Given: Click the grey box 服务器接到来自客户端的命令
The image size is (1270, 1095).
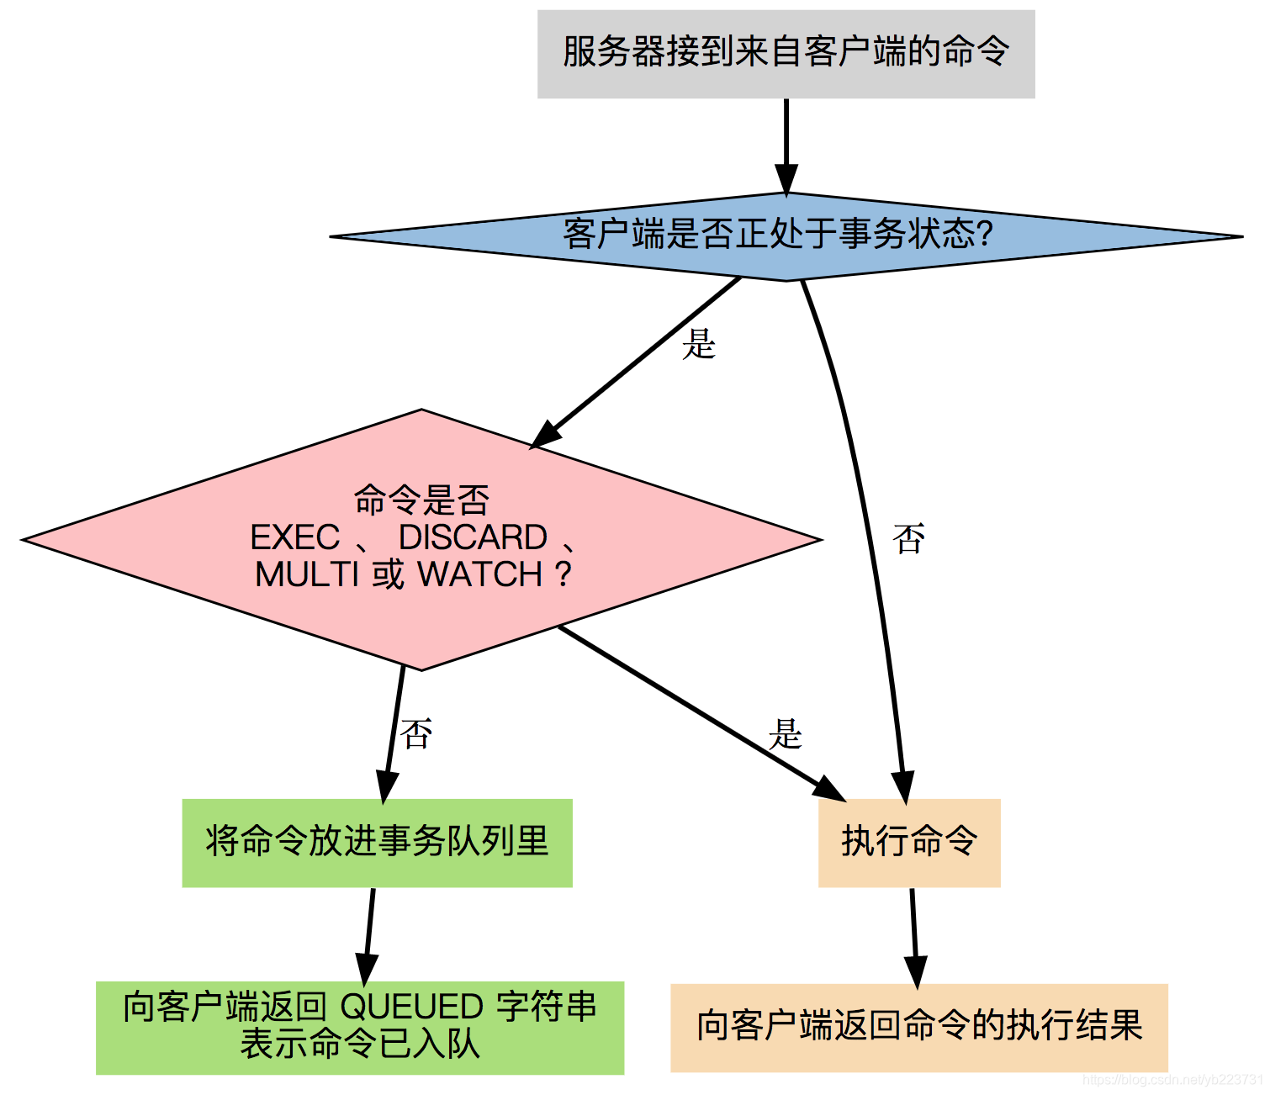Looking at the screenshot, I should tap(786, 54).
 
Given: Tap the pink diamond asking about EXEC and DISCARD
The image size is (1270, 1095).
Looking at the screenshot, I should tap(421, 539).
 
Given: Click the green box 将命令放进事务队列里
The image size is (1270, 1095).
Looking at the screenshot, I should tap(377, 843).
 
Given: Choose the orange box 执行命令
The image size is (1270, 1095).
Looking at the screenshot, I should tap(909, 843).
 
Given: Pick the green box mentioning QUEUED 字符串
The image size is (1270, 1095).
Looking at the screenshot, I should tap(360, 1027).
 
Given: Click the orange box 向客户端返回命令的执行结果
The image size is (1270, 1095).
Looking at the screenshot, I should tap(918, 1027).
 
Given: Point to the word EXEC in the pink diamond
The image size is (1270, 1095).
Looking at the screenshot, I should tap(295, 537).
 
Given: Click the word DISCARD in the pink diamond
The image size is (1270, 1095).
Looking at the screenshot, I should tap(473, 537).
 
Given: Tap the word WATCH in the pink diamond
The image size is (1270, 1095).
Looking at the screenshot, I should tap(480, 574).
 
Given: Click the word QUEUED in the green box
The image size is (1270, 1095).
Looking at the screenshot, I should tap(411, 1007).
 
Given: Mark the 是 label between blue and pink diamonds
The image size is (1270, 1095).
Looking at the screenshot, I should tap(699, 344).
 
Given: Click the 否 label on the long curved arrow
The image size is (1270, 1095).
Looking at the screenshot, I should tap(909, 539).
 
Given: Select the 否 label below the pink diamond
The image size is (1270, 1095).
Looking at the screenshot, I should tap(416, 734).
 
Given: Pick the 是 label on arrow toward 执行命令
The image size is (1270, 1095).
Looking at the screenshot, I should tap(786, 734).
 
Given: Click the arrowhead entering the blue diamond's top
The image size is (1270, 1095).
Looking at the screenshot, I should tap(786, 180).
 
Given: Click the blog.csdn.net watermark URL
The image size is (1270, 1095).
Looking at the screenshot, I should tap(1172, 1080).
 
